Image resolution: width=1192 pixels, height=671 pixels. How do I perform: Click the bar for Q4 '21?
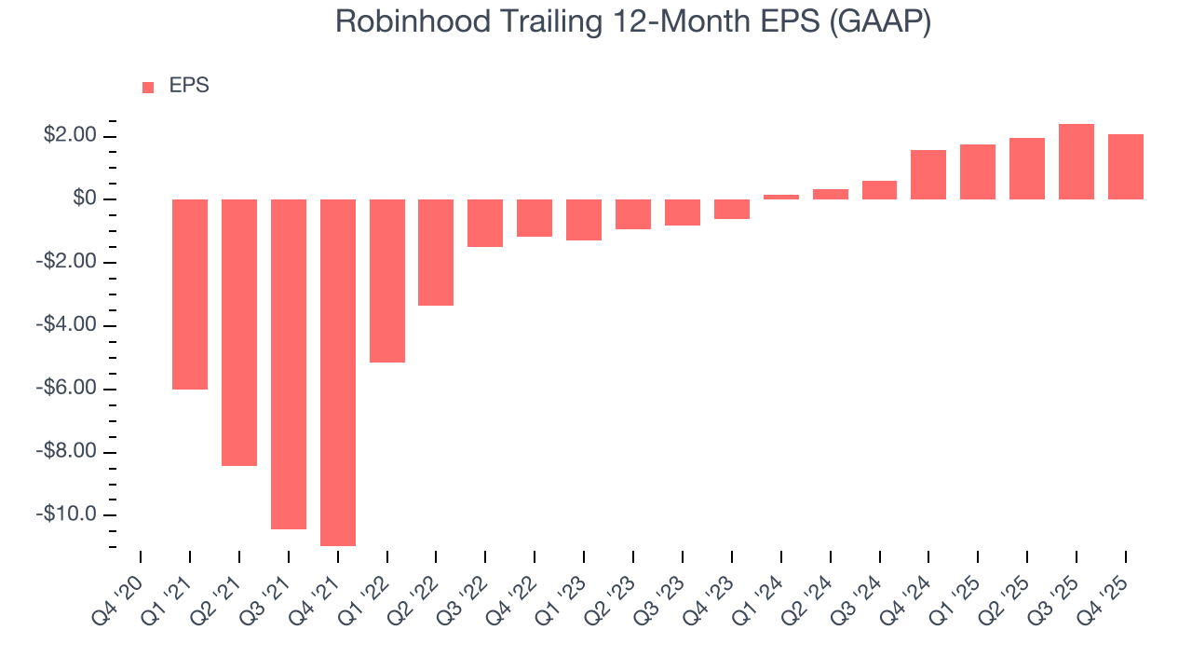[338, 372]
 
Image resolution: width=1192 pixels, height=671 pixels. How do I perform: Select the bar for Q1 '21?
[190, 294]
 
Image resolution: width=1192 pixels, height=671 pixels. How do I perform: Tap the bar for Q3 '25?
[1077, 162]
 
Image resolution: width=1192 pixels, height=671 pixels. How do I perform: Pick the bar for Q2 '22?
[436, 252]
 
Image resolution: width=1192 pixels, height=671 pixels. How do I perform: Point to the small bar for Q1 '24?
[781, 197]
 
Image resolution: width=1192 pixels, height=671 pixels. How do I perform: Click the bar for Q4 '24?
[928, 174]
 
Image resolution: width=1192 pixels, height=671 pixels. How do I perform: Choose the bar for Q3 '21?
[289, 363]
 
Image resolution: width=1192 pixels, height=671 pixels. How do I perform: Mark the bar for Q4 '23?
[732, 209]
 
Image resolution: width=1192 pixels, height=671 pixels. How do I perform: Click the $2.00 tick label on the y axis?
[70, 136]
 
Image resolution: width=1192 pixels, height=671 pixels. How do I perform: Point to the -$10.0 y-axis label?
[67, 514]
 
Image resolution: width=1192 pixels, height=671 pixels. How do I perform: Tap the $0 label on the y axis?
[84, 199]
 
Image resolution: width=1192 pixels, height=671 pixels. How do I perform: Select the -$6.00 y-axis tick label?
[67, 389]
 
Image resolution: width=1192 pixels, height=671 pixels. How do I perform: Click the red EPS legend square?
[148, 88]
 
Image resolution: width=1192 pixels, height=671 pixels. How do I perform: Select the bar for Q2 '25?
[1027, 169]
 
